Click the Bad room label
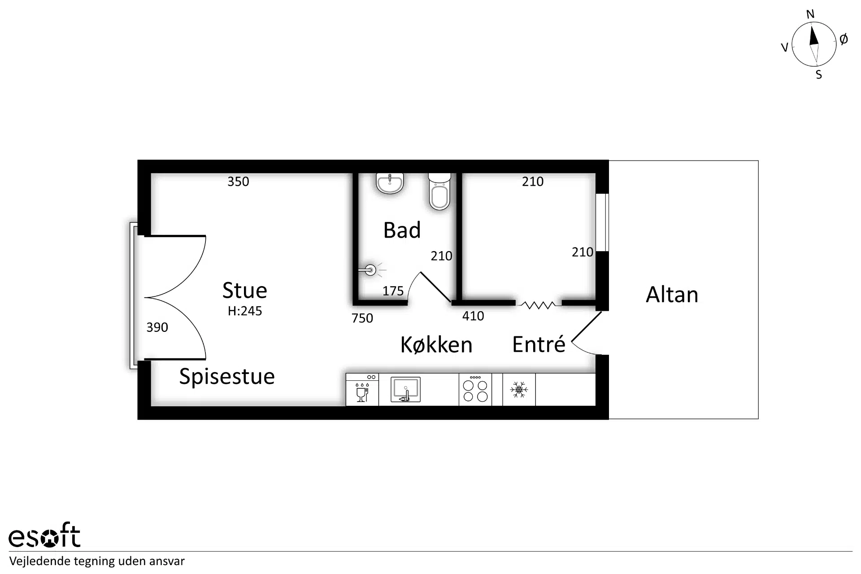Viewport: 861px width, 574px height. point(402,230)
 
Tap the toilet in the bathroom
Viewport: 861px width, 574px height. point(439,191)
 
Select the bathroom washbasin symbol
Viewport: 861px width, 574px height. point(390,183)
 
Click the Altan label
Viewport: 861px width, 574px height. point(672,295)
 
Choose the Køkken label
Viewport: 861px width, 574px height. point(436,344)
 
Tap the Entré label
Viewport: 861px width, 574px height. point(539,344)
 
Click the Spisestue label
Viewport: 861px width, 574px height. point(227,377)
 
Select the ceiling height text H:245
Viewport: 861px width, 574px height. point(245,311)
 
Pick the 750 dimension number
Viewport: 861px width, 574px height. point(362,318)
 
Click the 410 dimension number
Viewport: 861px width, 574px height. point(473,316)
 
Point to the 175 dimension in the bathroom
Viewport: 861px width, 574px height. point(393,291)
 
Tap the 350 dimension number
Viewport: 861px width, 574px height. point(238,181)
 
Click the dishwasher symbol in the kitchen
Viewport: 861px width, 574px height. point(362,390)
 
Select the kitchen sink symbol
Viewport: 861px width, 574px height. point(405,390)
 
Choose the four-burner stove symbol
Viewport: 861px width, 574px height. point(475,390)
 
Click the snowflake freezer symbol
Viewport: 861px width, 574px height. point(519,389)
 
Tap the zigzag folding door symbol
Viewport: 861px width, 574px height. point(538,305)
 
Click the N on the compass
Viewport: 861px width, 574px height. point(810,14)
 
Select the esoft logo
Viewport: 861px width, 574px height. point(44,535)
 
